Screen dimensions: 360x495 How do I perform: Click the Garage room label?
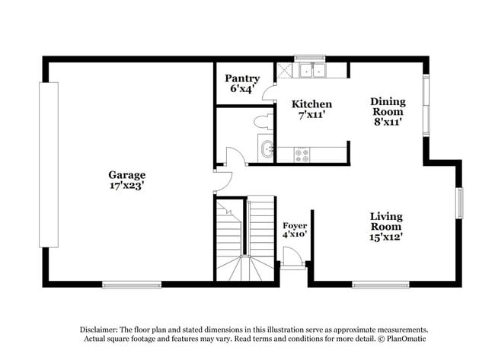(x=126, y=174)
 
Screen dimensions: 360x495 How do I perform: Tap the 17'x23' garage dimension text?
(x=126, y=185)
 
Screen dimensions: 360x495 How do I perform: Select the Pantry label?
(x=243, y=78)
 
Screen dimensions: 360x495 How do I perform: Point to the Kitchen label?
(x=312, y=104)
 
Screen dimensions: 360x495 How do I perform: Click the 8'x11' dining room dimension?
(x=388, y=121)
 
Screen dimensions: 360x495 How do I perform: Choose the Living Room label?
(x=386, y=221)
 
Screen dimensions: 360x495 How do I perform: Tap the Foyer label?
(x=295, y=226)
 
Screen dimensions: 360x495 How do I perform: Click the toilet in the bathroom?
(x=261, y=120)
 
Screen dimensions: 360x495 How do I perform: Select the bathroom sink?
(x=267, y=148)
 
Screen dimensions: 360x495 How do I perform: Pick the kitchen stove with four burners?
(x=302, y=154)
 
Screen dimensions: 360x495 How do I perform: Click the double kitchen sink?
(x=311, y=71)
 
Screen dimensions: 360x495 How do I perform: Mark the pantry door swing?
(x=269, y=93)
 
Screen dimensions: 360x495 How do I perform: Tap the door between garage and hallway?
(x=222, y=181)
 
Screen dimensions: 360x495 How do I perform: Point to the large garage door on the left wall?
(x=49, y=164)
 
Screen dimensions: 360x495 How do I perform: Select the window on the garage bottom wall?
(x=121, y=285)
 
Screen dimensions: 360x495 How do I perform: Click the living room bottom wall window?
(x=381, y=285)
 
